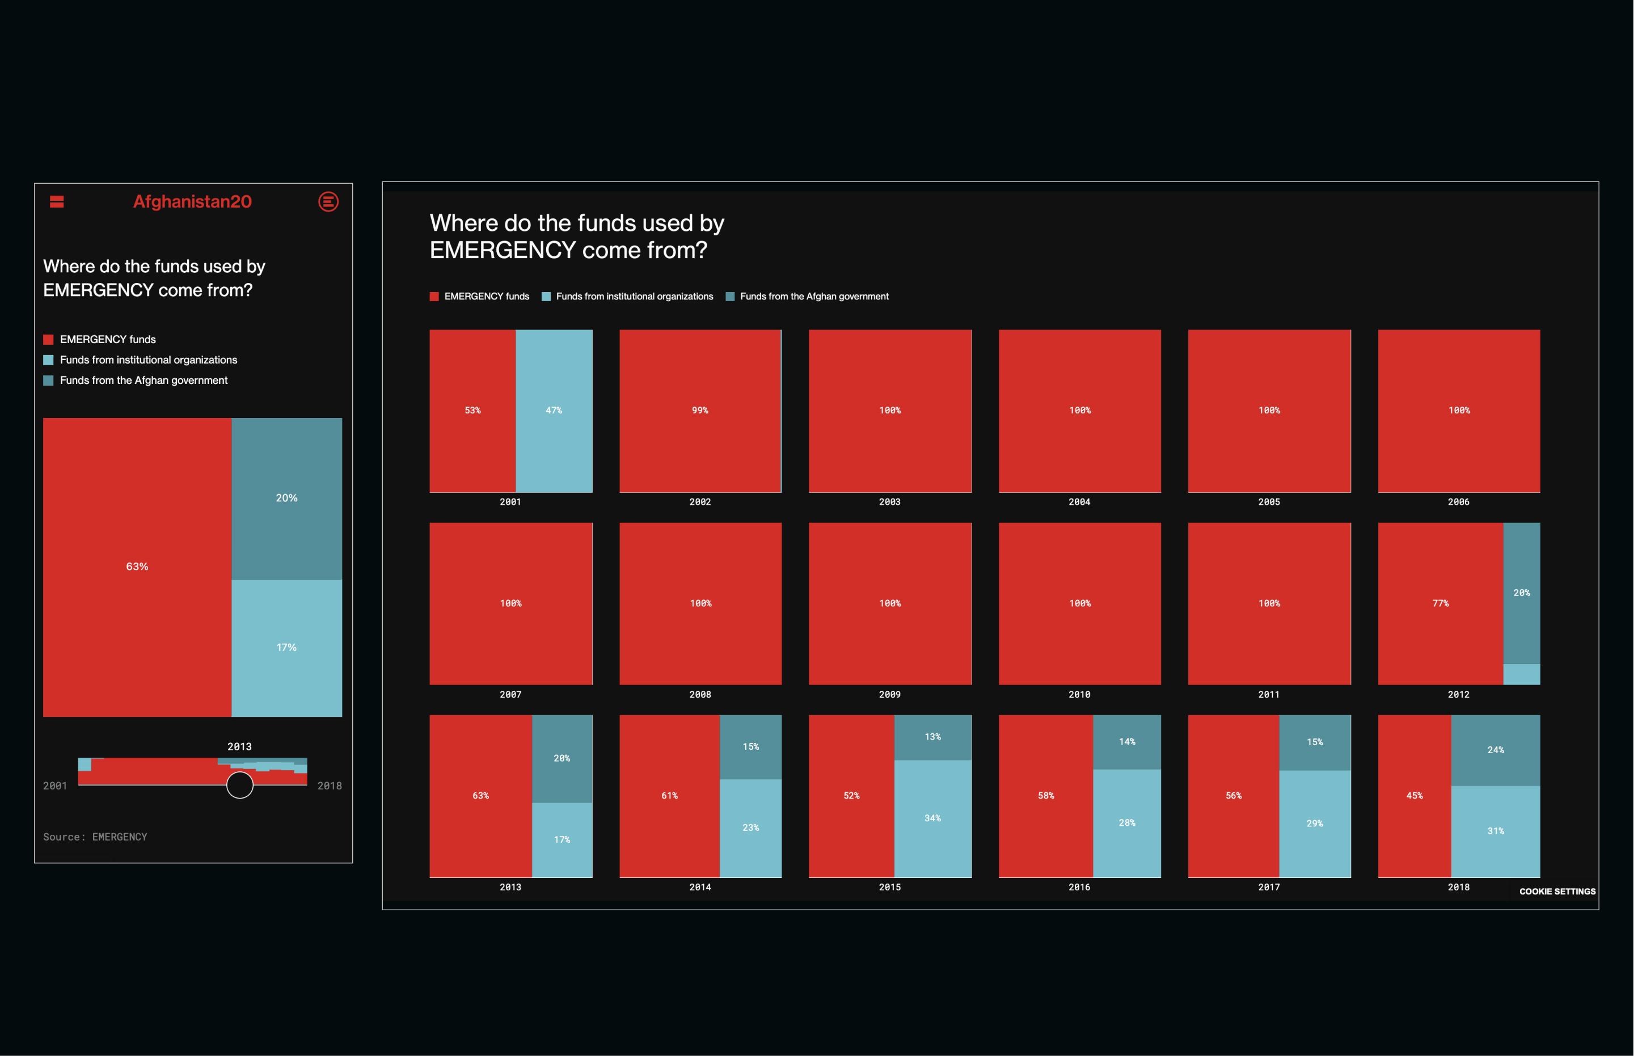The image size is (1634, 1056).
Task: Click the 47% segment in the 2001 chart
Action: point(554,410)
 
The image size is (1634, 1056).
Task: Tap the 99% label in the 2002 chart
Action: point(699,410)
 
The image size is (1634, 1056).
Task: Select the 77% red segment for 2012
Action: point(1440,603)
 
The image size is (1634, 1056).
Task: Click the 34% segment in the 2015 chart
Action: point(932,818)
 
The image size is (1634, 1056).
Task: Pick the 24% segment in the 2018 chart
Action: point(1496,750)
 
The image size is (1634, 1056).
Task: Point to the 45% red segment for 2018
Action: point(1414,796)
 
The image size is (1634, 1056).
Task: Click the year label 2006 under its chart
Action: point(1459,502)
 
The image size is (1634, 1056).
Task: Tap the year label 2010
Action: point(1079,695)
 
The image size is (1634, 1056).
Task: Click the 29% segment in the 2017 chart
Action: point(1315,823)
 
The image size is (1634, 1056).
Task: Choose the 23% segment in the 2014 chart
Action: point(750,827)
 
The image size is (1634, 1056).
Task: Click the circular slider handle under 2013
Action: point(240,785)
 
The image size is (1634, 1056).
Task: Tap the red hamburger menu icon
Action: point(57,201)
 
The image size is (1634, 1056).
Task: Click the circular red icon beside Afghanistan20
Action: point(328,201)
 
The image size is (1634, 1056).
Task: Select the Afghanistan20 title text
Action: point(193,201)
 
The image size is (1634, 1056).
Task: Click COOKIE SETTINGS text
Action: point(1557,892)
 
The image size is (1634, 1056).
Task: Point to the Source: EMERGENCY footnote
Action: point(95,837)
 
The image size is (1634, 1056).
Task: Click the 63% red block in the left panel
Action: point(137,567)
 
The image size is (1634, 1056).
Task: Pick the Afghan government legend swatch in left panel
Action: point(49,381)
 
